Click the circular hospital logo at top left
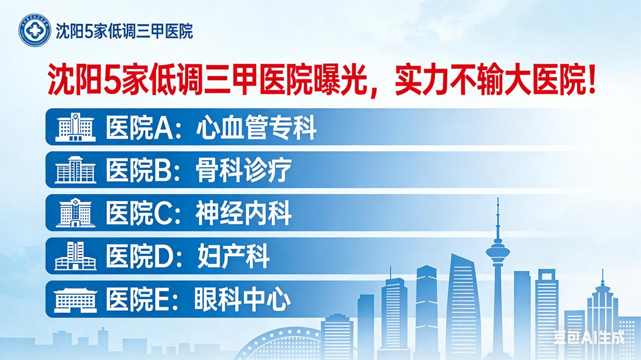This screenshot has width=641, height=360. pyautogui.click(x=35, y=31)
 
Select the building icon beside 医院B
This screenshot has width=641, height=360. pyautogui.click(x=75, y=169)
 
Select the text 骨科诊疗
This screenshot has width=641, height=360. pyautogui.click(x=243, y=170)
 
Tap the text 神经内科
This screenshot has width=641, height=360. pyautogui.click(x=243, y=213)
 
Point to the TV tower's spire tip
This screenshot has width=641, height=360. pyautogui.click(x=498, y=199)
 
